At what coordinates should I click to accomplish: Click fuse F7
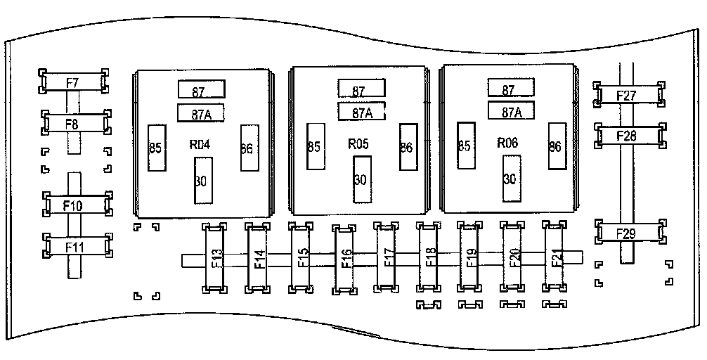tap(73, 82)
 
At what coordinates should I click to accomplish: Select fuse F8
tap(73, 124)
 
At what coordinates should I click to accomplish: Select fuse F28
tap(628, 136)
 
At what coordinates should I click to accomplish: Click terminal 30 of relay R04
tap(202, 180)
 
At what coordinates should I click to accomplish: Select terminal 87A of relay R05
tap(361, 112)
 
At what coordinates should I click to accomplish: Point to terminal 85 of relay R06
tap(465, 146)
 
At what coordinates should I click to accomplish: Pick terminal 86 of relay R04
tap(247, 148)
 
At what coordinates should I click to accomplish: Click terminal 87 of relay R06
tap(509, 89)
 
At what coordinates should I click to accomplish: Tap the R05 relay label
tap(360, 143)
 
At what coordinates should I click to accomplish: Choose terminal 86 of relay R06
tap(555, 146)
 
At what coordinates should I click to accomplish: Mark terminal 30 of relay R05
tap(361, 179)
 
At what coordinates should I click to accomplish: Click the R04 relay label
tap(201, 145)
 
